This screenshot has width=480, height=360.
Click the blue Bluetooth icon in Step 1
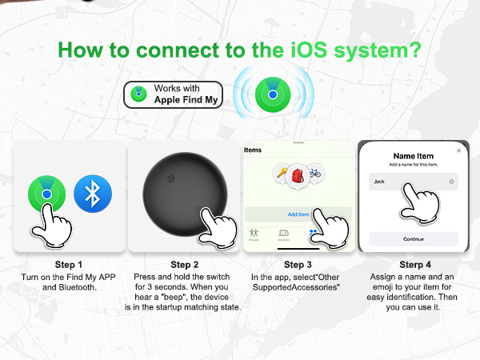[x=92, y=194]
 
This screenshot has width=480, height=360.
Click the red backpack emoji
[x=298, y=175]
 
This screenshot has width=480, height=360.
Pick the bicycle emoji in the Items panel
[x=315, y=172]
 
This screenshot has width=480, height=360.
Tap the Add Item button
[x=298, y=214]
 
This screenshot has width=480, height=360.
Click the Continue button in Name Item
[x=414, y=238]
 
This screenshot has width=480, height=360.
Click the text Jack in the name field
[x=380, y=182]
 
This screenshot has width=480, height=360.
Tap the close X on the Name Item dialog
[x=458, y=150]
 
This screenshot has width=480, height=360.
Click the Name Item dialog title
[x=414, y=156]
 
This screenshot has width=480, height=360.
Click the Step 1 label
[x=69, y=265]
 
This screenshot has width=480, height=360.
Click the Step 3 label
[x=298, y=265]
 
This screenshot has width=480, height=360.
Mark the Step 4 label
[x=414, y=265]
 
